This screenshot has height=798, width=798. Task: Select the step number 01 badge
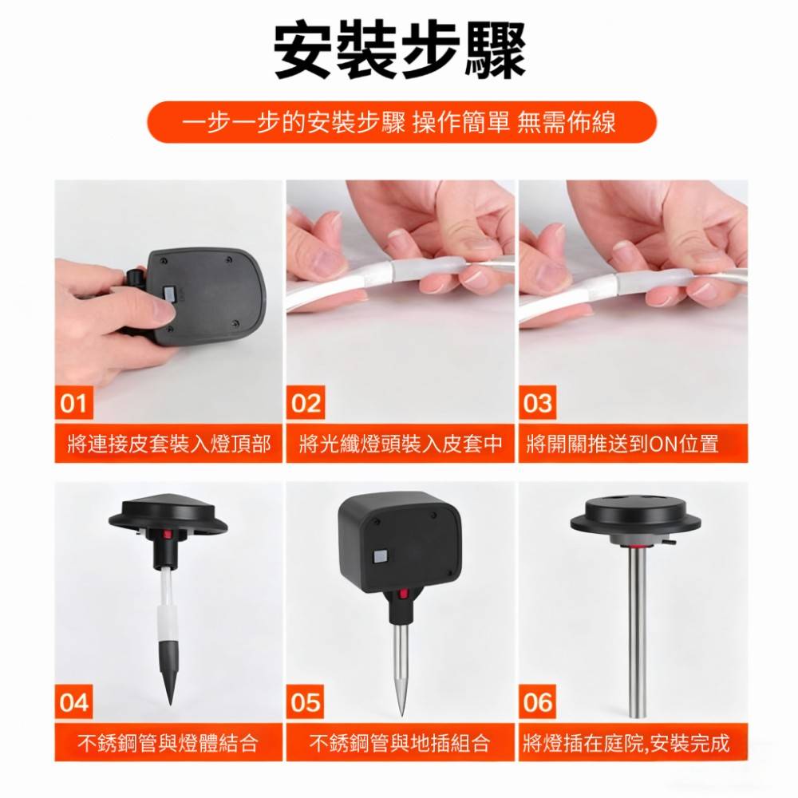point(73,403)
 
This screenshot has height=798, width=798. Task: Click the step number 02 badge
point(306,403)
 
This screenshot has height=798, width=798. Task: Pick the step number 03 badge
point(538,403)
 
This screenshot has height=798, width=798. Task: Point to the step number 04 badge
point(73,702)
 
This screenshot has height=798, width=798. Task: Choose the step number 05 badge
point(306,702)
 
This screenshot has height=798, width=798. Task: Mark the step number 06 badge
point(538,702)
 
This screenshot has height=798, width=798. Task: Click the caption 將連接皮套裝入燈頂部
point(169,444)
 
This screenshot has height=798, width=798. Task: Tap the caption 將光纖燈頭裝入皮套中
point(401,444)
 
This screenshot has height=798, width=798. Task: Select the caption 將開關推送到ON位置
point(623,444)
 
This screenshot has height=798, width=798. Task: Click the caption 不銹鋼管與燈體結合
point(169,744)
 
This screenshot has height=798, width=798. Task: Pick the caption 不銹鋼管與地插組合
point(401,744)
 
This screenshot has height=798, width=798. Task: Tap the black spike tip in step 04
point(170,678)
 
